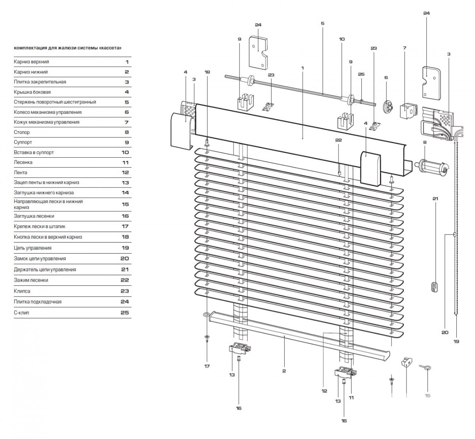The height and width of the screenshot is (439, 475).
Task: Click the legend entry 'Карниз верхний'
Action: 31,62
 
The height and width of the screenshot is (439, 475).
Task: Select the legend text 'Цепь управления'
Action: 32,248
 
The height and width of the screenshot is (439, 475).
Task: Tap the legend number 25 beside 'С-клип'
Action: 124,313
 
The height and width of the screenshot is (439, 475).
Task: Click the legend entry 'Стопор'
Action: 21,132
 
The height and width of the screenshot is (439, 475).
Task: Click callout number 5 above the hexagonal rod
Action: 323,23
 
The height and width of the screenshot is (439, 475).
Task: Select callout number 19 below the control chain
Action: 456,341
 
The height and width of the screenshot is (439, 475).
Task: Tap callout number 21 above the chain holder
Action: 435,198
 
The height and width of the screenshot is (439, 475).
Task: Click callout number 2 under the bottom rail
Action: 284,371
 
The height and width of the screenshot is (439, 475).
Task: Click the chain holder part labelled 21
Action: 435,287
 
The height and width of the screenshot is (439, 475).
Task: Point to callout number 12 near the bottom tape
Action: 324,391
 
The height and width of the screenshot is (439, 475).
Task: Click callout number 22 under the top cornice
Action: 338,140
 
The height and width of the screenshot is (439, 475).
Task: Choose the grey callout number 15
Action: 427,395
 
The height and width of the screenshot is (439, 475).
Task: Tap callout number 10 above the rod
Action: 342,39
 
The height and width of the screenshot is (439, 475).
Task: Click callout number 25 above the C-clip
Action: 361,74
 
